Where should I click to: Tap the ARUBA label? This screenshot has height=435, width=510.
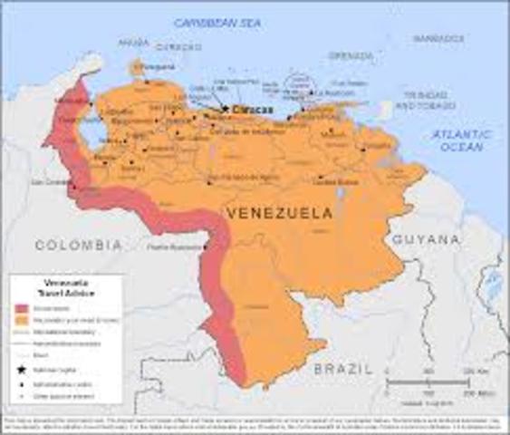tap(133, 43)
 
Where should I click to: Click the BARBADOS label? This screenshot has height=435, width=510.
tap(438, 39)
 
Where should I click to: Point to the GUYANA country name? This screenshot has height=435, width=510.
tap(426, 239)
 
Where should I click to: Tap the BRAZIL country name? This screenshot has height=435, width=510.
tap(342, 369)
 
